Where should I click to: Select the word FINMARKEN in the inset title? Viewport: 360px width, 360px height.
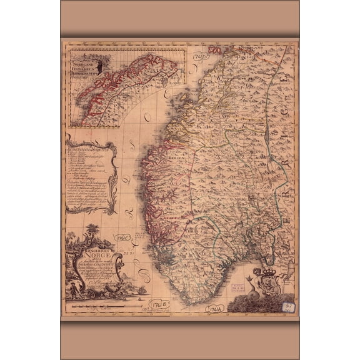click(x=86, y=67)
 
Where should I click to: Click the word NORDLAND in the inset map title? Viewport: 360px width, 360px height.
click(x=85, y=62)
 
